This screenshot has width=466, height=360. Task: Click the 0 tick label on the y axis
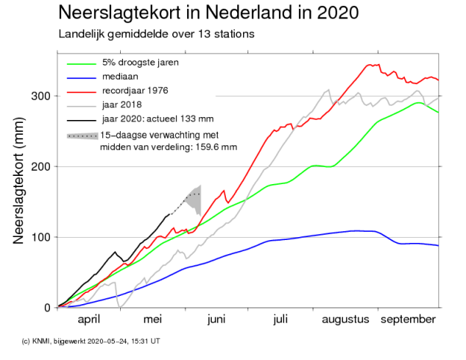point(46,307)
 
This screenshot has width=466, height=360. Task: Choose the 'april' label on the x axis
point(89,320)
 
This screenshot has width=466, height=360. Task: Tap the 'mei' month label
point(153,320)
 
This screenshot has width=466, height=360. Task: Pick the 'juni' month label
point(216,320)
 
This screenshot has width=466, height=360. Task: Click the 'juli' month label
point(280,320)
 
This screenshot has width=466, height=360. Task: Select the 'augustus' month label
point(345,320)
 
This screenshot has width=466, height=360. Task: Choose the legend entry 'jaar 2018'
point(122,104)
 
